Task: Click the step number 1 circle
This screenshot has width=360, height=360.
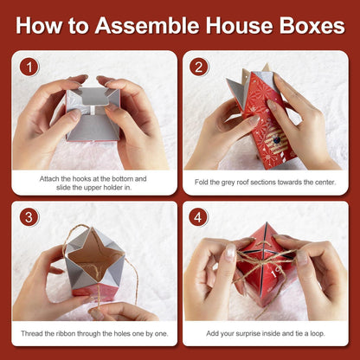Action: coord(30,67)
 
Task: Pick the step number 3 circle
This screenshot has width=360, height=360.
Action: coord(30,218)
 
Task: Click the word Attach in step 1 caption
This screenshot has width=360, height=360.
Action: coord(51,179)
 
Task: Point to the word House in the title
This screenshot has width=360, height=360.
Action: coord(234,25)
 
